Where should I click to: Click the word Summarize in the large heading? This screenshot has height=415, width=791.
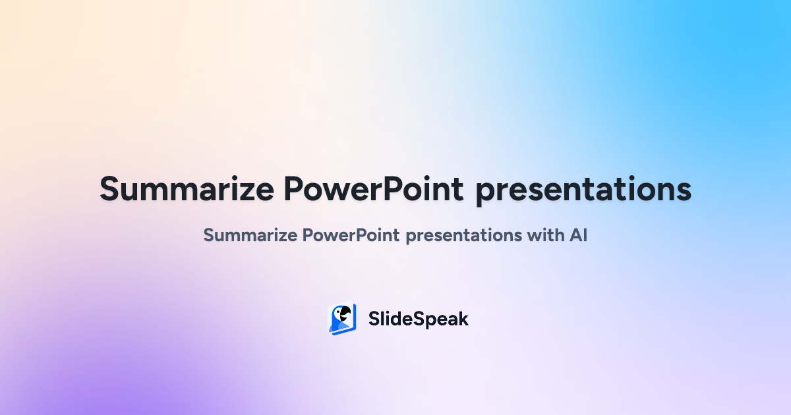187,189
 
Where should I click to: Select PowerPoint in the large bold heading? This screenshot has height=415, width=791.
374,189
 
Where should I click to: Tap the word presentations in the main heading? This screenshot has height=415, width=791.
583,190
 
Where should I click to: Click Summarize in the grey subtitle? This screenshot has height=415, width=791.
250,235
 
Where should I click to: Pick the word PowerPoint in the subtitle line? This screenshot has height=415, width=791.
351,235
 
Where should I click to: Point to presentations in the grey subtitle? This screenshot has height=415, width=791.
463,236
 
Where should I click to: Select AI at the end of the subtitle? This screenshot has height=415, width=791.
578,235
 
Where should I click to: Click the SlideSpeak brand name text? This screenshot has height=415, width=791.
419,319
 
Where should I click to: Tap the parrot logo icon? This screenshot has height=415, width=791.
342,319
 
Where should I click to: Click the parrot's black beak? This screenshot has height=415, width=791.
347,312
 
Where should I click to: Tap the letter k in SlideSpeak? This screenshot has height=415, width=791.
461,319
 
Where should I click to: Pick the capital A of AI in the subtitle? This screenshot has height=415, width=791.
575,235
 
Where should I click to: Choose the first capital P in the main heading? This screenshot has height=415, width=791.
294,189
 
